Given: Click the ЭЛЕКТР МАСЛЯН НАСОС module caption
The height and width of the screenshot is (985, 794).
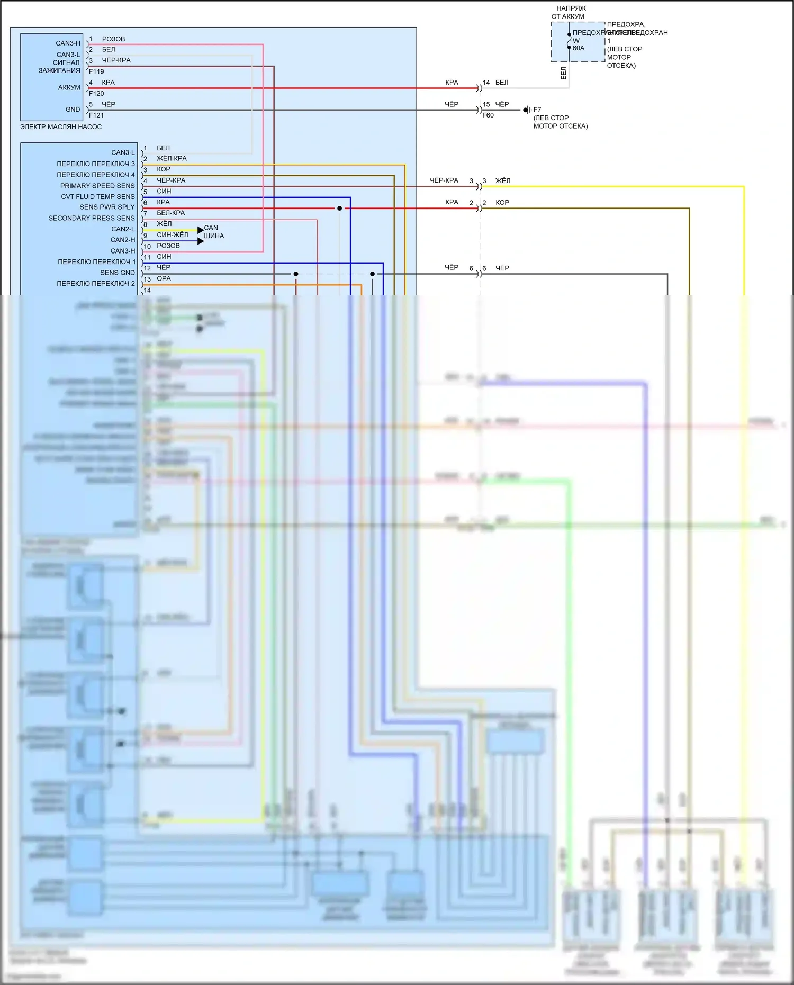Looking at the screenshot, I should click(x=61, y=127).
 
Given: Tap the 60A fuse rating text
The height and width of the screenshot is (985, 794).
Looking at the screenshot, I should click(x=579, y=48).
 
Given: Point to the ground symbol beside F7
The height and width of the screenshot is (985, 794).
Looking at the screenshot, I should click(x=526, y=110).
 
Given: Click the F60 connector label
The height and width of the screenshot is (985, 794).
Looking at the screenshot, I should click(x=488, y=115).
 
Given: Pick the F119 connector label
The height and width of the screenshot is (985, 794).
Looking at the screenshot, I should click(x=96, y=71).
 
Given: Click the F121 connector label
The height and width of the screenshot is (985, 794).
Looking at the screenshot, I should click(x=96, y=115).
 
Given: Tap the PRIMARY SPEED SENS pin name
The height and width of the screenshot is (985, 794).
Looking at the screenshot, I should click(x=97, y=186).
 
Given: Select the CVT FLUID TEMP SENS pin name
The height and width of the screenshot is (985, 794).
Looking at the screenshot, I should click(x=98, y=196).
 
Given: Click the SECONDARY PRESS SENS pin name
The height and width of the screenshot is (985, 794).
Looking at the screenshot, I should click(x=92, y=218).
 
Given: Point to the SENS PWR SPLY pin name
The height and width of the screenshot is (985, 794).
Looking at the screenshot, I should click(x=107, y=207).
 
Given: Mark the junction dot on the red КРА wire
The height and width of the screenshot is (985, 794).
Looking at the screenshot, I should click(x=340, y=209).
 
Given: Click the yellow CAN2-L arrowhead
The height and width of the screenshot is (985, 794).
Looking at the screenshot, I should click(x=201, y=230).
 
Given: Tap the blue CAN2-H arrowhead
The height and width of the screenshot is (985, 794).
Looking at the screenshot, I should click(x=201, y=241).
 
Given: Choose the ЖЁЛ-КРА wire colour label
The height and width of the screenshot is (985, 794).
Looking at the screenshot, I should click(x=172, y=158).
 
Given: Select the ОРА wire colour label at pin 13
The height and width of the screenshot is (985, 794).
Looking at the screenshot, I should click(x=164, y=278).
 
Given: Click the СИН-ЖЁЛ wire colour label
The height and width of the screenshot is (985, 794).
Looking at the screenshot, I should click(x=172, y=235).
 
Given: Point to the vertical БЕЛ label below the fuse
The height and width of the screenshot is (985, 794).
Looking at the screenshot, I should click(x=563, y=73).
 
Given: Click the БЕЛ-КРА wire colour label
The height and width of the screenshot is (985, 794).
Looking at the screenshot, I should click(x=170, y=213).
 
